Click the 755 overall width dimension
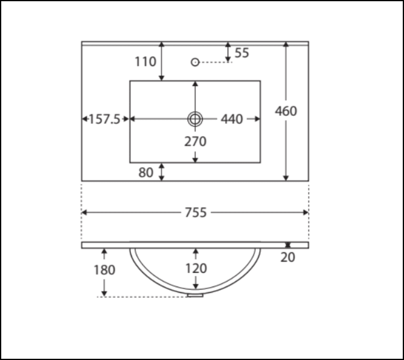tap(196, 212)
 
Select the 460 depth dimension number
tap(286, 111)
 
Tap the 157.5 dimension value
tap(105, 119)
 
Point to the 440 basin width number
tap(231, 119)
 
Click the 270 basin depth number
tap(196, 142)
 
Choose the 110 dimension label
tap(145, 62)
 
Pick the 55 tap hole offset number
tap(242, 53)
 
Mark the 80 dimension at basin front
tap(146, 172)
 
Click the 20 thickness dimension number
tap(288, 257)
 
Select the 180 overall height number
tap(105, 270)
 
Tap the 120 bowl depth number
tap(196, 268)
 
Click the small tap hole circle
tap(195, 62)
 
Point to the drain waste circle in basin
tap(195, 119)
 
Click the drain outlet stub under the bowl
tap(196, 295)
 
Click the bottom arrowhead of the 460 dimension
tap(286, 178)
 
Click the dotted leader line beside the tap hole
tap(216, 62)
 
